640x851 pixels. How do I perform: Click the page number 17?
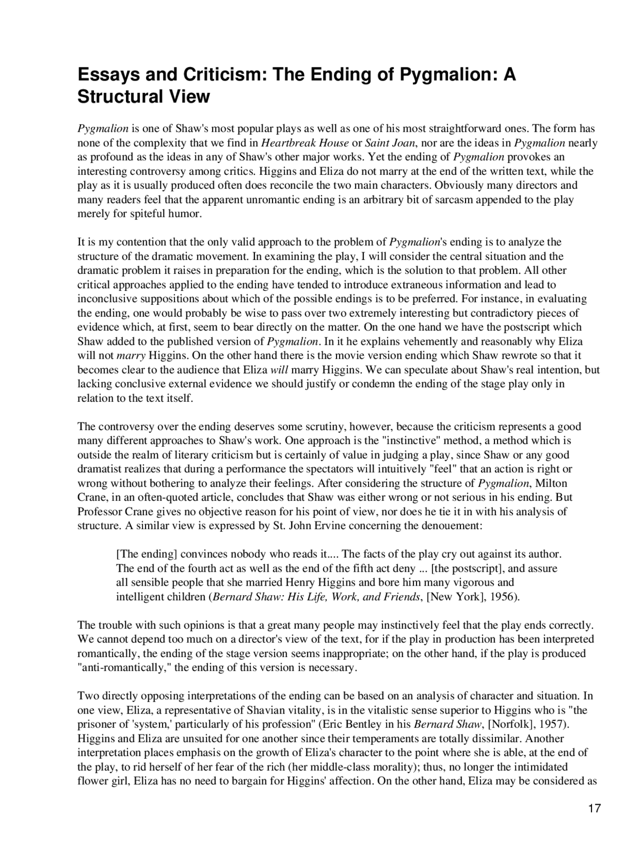(594, 809)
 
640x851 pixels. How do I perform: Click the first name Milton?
(552, 483)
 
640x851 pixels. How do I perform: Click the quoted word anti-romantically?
(125, 668)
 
